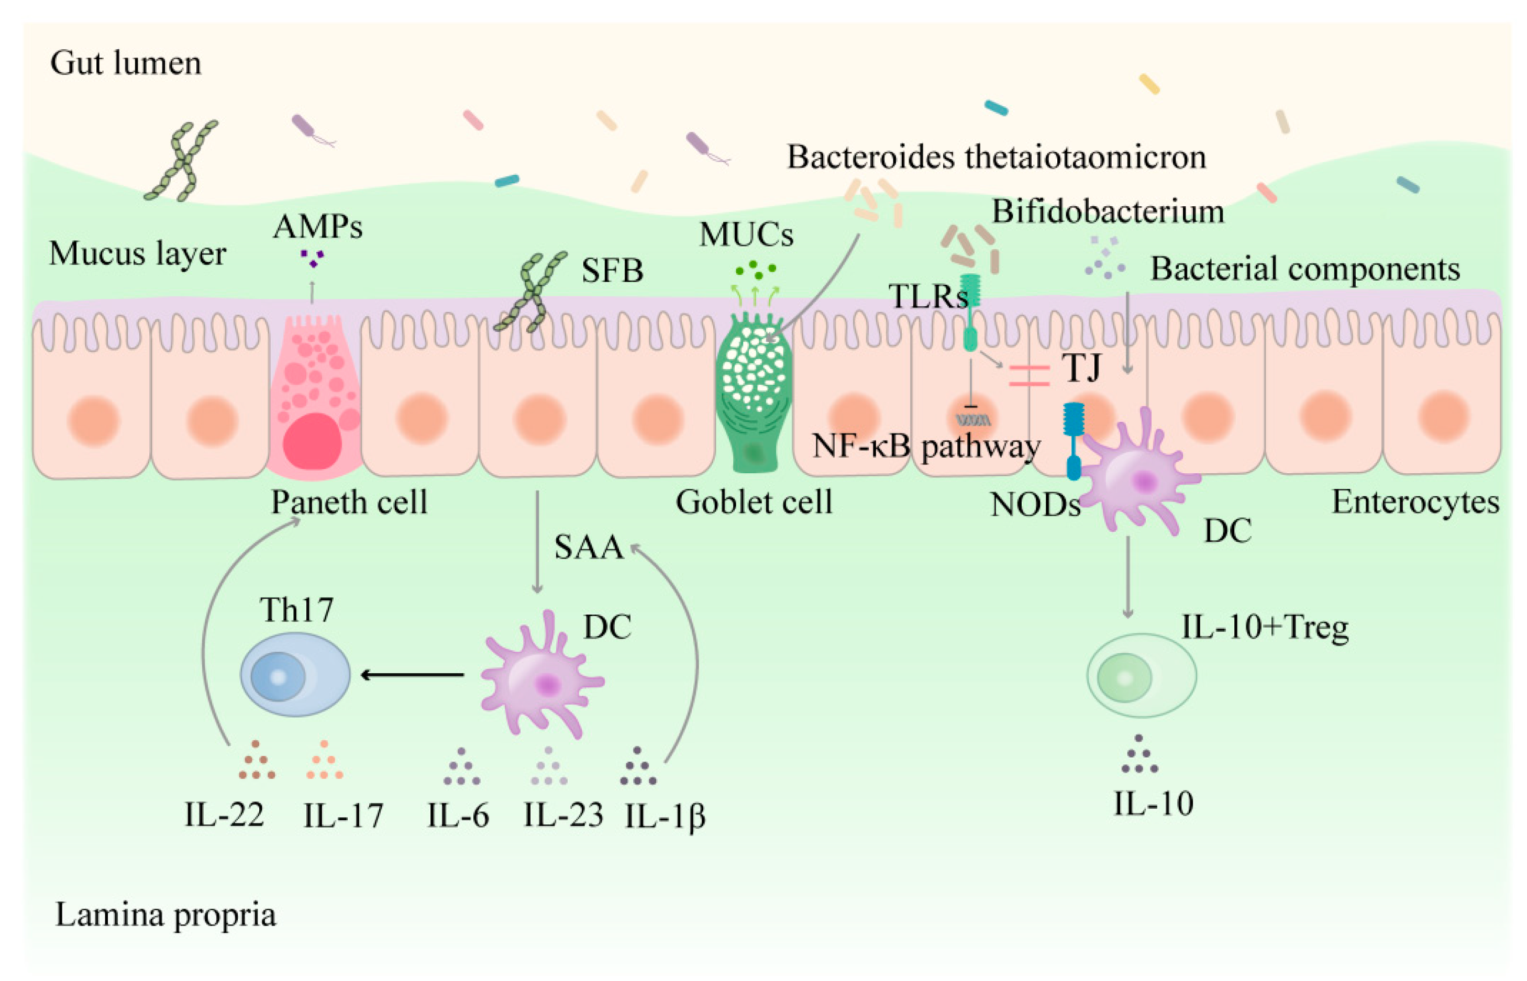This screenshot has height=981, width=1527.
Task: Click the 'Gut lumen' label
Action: (x=126, y=63)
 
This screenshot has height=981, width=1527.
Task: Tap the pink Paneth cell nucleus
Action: (x=312, y=441)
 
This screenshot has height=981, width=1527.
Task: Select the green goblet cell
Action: (x=753, y=395)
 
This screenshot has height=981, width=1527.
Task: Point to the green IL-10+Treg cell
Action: (x=1141, y=676)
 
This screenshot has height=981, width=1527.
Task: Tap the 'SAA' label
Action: (x=588, y=547)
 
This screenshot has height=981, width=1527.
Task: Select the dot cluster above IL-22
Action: (x=256, y=761)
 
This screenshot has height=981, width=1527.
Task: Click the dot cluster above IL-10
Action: (x=1138, y=755)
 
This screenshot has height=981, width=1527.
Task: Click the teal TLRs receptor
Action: (x=970, y=312)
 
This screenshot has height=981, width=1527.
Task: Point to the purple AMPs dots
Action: (x=312, y=258)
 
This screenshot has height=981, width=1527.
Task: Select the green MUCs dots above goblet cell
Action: (x=755, y=270)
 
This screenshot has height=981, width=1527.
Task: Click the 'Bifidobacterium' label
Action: (x=1107, y=211)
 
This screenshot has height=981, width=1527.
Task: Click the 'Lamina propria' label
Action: (x=165, y=915)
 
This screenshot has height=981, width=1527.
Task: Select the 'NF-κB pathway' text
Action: (x=926, y=446)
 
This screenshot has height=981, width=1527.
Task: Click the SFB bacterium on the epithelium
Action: (x=530, y=292)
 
